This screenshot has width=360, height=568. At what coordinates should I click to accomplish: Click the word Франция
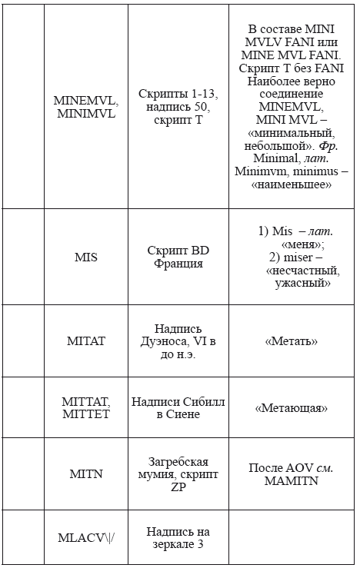(x=178, y=263)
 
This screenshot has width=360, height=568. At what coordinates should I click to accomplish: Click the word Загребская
(x=178, y=461)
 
